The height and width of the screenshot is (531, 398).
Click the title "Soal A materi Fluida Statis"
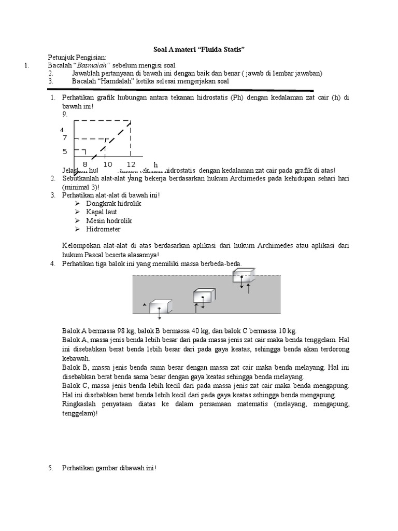tap(199, 49)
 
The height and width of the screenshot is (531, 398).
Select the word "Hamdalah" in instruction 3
tap(113, 81)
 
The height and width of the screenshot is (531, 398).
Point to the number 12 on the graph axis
tap(131, 164)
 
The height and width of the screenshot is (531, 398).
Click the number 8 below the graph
tap(85, 164)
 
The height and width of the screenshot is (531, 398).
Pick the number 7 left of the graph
tap(65, 138)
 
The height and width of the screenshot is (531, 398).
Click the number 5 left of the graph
tap(65, 152)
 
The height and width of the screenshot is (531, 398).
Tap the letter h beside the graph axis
tap(155, 165)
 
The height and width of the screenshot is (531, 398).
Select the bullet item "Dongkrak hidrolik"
tap(113, 204)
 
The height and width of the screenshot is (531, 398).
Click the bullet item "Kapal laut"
tap(102, 212)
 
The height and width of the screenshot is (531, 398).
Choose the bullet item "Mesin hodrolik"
tap(109, 220)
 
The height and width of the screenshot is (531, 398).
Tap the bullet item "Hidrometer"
tap(104, 229)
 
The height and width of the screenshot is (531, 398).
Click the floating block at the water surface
tap(244, 276)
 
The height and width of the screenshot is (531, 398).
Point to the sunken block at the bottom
tap(160, 308)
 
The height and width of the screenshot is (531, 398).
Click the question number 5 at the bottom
tap(51, 468)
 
